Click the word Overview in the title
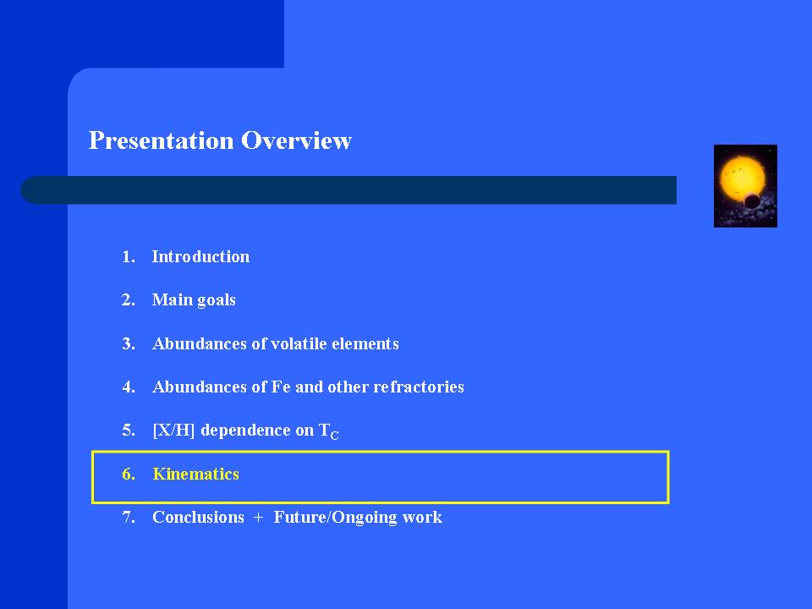pyautogui.click(x=296, y=140)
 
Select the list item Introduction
pyautogui.click(x=200, y=257)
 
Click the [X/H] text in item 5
pyautogui.click(x=173, y=431)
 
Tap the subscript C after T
pyautogui.click(x=335, y=436)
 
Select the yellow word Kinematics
pyautogui.click(x=195, y=474)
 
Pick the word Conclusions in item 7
pyautogui.click(x=198, y=518)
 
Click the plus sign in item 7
pyautogui.click(x=259, y=518)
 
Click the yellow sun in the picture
pyautogui.click(x=742, y=177)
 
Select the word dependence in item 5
pyautogui.click(x=245, y=431)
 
